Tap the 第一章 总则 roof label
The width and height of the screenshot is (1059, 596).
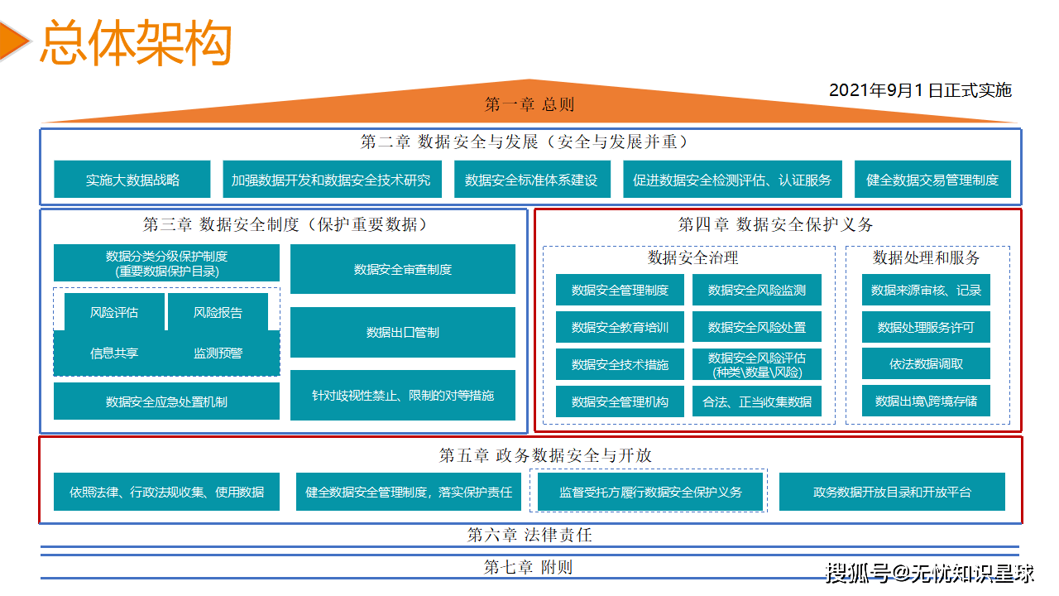529,104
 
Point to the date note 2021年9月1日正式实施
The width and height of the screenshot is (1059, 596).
920,90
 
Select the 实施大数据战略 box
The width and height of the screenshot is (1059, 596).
132,180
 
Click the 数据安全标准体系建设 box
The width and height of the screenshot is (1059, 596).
531,180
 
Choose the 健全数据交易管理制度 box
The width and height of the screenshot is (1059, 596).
932,180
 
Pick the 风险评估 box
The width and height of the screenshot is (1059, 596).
114,312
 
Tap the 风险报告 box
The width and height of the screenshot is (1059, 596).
218,312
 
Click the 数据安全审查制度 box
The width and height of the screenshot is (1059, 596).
403,269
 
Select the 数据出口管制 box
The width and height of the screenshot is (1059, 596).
403,332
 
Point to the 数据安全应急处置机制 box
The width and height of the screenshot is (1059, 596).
166,401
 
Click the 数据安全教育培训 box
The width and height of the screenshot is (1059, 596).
620,327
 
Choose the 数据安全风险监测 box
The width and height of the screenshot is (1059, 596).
757,290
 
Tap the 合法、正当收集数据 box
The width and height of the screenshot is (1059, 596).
757,401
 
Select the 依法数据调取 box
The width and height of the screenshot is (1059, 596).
927,363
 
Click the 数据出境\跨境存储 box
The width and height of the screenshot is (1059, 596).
927,401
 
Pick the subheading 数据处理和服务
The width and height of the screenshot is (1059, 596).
927,257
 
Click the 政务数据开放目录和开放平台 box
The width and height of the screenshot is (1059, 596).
892,492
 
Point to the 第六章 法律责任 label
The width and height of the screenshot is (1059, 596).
529,535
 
